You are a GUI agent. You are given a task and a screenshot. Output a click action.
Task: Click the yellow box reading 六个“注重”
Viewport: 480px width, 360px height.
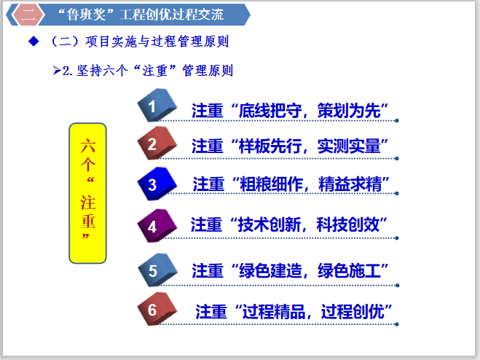coord(87,193)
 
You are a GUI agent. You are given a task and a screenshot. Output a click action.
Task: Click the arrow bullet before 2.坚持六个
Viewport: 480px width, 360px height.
coord(58,71)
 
